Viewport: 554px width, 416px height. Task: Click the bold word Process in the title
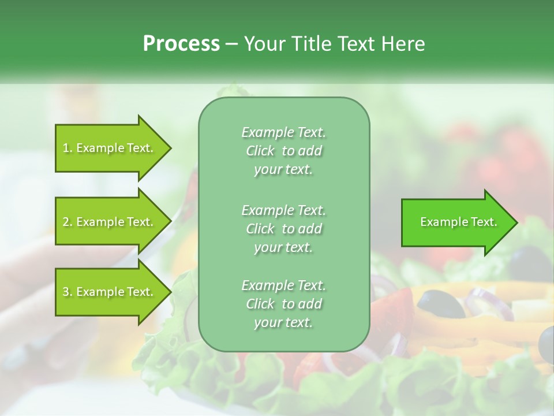(x=181, y=44)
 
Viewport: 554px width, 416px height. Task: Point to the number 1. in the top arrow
(x=67, y=148)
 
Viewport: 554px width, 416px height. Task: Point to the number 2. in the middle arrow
(x=67, y=222)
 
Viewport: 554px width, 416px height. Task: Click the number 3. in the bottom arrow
(x=67, y=292)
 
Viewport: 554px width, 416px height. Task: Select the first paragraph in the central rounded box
(x=283, y=151)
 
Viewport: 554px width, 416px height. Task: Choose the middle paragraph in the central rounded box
(x=283, y=228)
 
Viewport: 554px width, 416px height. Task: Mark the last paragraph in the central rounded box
(x=283, y=304)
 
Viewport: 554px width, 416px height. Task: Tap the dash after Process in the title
(x=231, y=44)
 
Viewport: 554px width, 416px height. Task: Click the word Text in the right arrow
(x=484, y=222)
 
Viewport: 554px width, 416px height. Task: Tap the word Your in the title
(x=263, y=44)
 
